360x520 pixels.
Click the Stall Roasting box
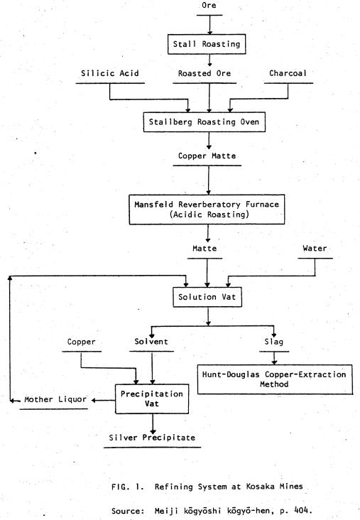pyautogui.click(x=207, y=44)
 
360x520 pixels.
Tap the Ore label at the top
pyautogui.click(x=209, y=5)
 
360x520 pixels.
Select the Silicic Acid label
pyautogui.click(x=110, y=73)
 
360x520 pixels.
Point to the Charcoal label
pyautogui.click(x=288, y=73)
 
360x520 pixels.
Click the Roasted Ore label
pyautogui.click(x=204, y=73)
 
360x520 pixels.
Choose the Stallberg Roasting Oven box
pyautogui.click(x=204, y=122)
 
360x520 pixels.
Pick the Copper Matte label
pyautogui.click(x=207, y=156)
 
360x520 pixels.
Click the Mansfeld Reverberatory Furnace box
pyautogui.click(x=207, y=210)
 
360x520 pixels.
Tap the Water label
pyautogui.click(x=315, y=249)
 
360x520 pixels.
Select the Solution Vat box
pyautogui.click(x=207, y=297)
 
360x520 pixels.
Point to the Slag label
pyautogui.click(x=274, y=342)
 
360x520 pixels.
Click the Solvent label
pyautogui.click(x=151, y=342)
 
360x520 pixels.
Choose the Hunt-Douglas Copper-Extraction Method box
pyautogui.click(x=275, y=380)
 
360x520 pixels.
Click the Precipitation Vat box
pyautogui.click(x=152, y=399)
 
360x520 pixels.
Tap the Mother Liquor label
pyautogui.click(x=55, y=399)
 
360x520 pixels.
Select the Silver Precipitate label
pyautogui.click(x=152, y=438)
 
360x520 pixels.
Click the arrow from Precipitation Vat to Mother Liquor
pyautogui.click(x=104, y=400)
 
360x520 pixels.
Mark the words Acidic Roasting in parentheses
pyautogui.click(x=209, y=215)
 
